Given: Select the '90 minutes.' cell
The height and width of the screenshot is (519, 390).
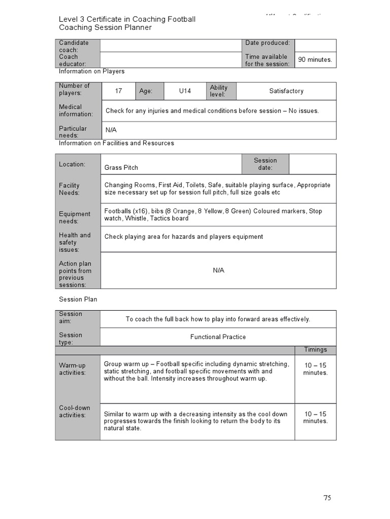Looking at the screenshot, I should coord(315,60).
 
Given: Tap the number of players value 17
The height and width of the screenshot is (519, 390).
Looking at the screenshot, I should coord(118,91).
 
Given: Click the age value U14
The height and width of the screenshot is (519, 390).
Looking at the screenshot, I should coord(185,91).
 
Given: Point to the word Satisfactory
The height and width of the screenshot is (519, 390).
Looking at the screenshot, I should coord(286,91).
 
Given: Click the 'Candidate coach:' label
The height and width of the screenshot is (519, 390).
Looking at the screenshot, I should coord(74,46).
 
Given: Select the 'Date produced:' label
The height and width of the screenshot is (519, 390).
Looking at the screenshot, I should coord(267,43).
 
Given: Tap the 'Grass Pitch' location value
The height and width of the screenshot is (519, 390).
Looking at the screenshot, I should coord(121,168).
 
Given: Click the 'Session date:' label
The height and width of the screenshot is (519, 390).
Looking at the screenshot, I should coord(265,164).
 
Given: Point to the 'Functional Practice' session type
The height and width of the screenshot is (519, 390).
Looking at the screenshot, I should coord(218,337).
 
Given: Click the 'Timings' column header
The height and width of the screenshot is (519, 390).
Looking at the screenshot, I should coord(315,350).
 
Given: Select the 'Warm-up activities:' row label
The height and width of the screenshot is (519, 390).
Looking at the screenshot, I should coord(73,369).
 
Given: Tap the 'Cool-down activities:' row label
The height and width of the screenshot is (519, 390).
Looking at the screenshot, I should coord(73,412).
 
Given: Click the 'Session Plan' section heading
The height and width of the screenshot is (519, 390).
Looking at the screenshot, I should coord(78,300).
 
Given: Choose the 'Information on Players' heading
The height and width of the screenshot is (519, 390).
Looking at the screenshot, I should coord(91,71).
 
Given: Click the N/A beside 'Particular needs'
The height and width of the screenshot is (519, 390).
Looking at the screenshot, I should coord(111,130).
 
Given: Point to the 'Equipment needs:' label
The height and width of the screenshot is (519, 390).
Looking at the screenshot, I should coord(75,217).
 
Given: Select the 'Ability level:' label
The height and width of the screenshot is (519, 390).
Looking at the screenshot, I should coord(219,91).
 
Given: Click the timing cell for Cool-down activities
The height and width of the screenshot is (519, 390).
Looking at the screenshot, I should coord(315,418).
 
